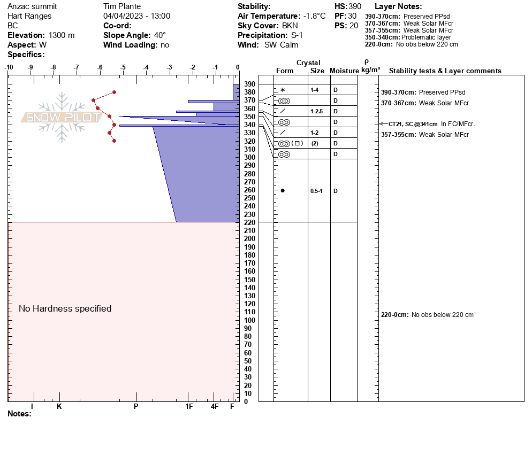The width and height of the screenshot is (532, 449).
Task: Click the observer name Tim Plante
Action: pos(121,6)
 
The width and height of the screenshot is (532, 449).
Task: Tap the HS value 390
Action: pos(355,6)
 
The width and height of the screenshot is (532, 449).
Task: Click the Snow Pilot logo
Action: pos(62,117)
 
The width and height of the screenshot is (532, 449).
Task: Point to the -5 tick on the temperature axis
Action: pos(123,67)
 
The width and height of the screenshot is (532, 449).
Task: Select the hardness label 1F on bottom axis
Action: pos(189,407)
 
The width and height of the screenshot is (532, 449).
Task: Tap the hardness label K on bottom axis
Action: pos(59,407)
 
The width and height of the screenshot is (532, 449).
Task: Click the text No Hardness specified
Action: pos(65,308)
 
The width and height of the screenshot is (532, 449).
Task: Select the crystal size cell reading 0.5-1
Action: pos(316,191)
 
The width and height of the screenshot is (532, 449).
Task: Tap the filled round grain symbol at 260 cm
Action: pos(283,191)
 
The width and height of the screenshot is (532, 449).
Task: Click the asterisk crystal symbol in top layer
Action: pos(283,90)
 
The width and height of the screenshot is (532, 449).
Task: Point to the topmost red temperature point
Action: pos(114,92)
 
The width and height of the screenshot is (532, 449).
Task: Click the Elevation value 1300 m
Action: pos(62,35)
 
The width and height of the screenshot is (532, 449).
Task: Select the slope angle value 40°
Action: pos(159,35)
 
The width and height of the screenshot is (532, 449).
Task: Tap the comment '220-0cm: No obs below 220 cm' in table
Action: pos(427,315)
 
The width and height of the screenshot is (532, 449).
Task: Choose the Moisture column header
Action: pos(344,71)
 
